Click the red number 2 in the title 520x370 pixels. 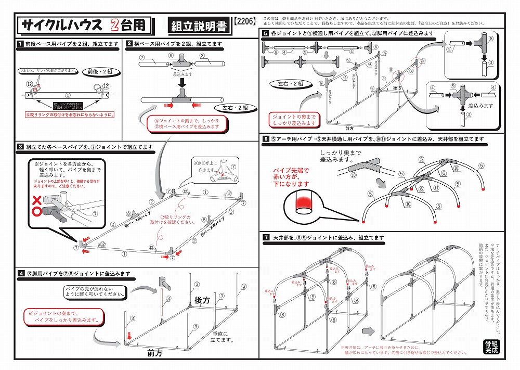[x=115, y=24]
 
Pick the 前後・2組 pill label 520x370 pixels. [x=103, y=71]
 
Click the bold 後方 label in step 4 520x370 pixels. [x=202, y=301]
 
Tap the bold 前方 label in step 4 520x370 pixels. [x=154, y=352]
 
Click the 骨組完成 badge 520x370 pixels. [x=490, y=346]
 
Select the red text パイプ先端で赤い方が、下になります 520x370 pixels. [x=291, y=177]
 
